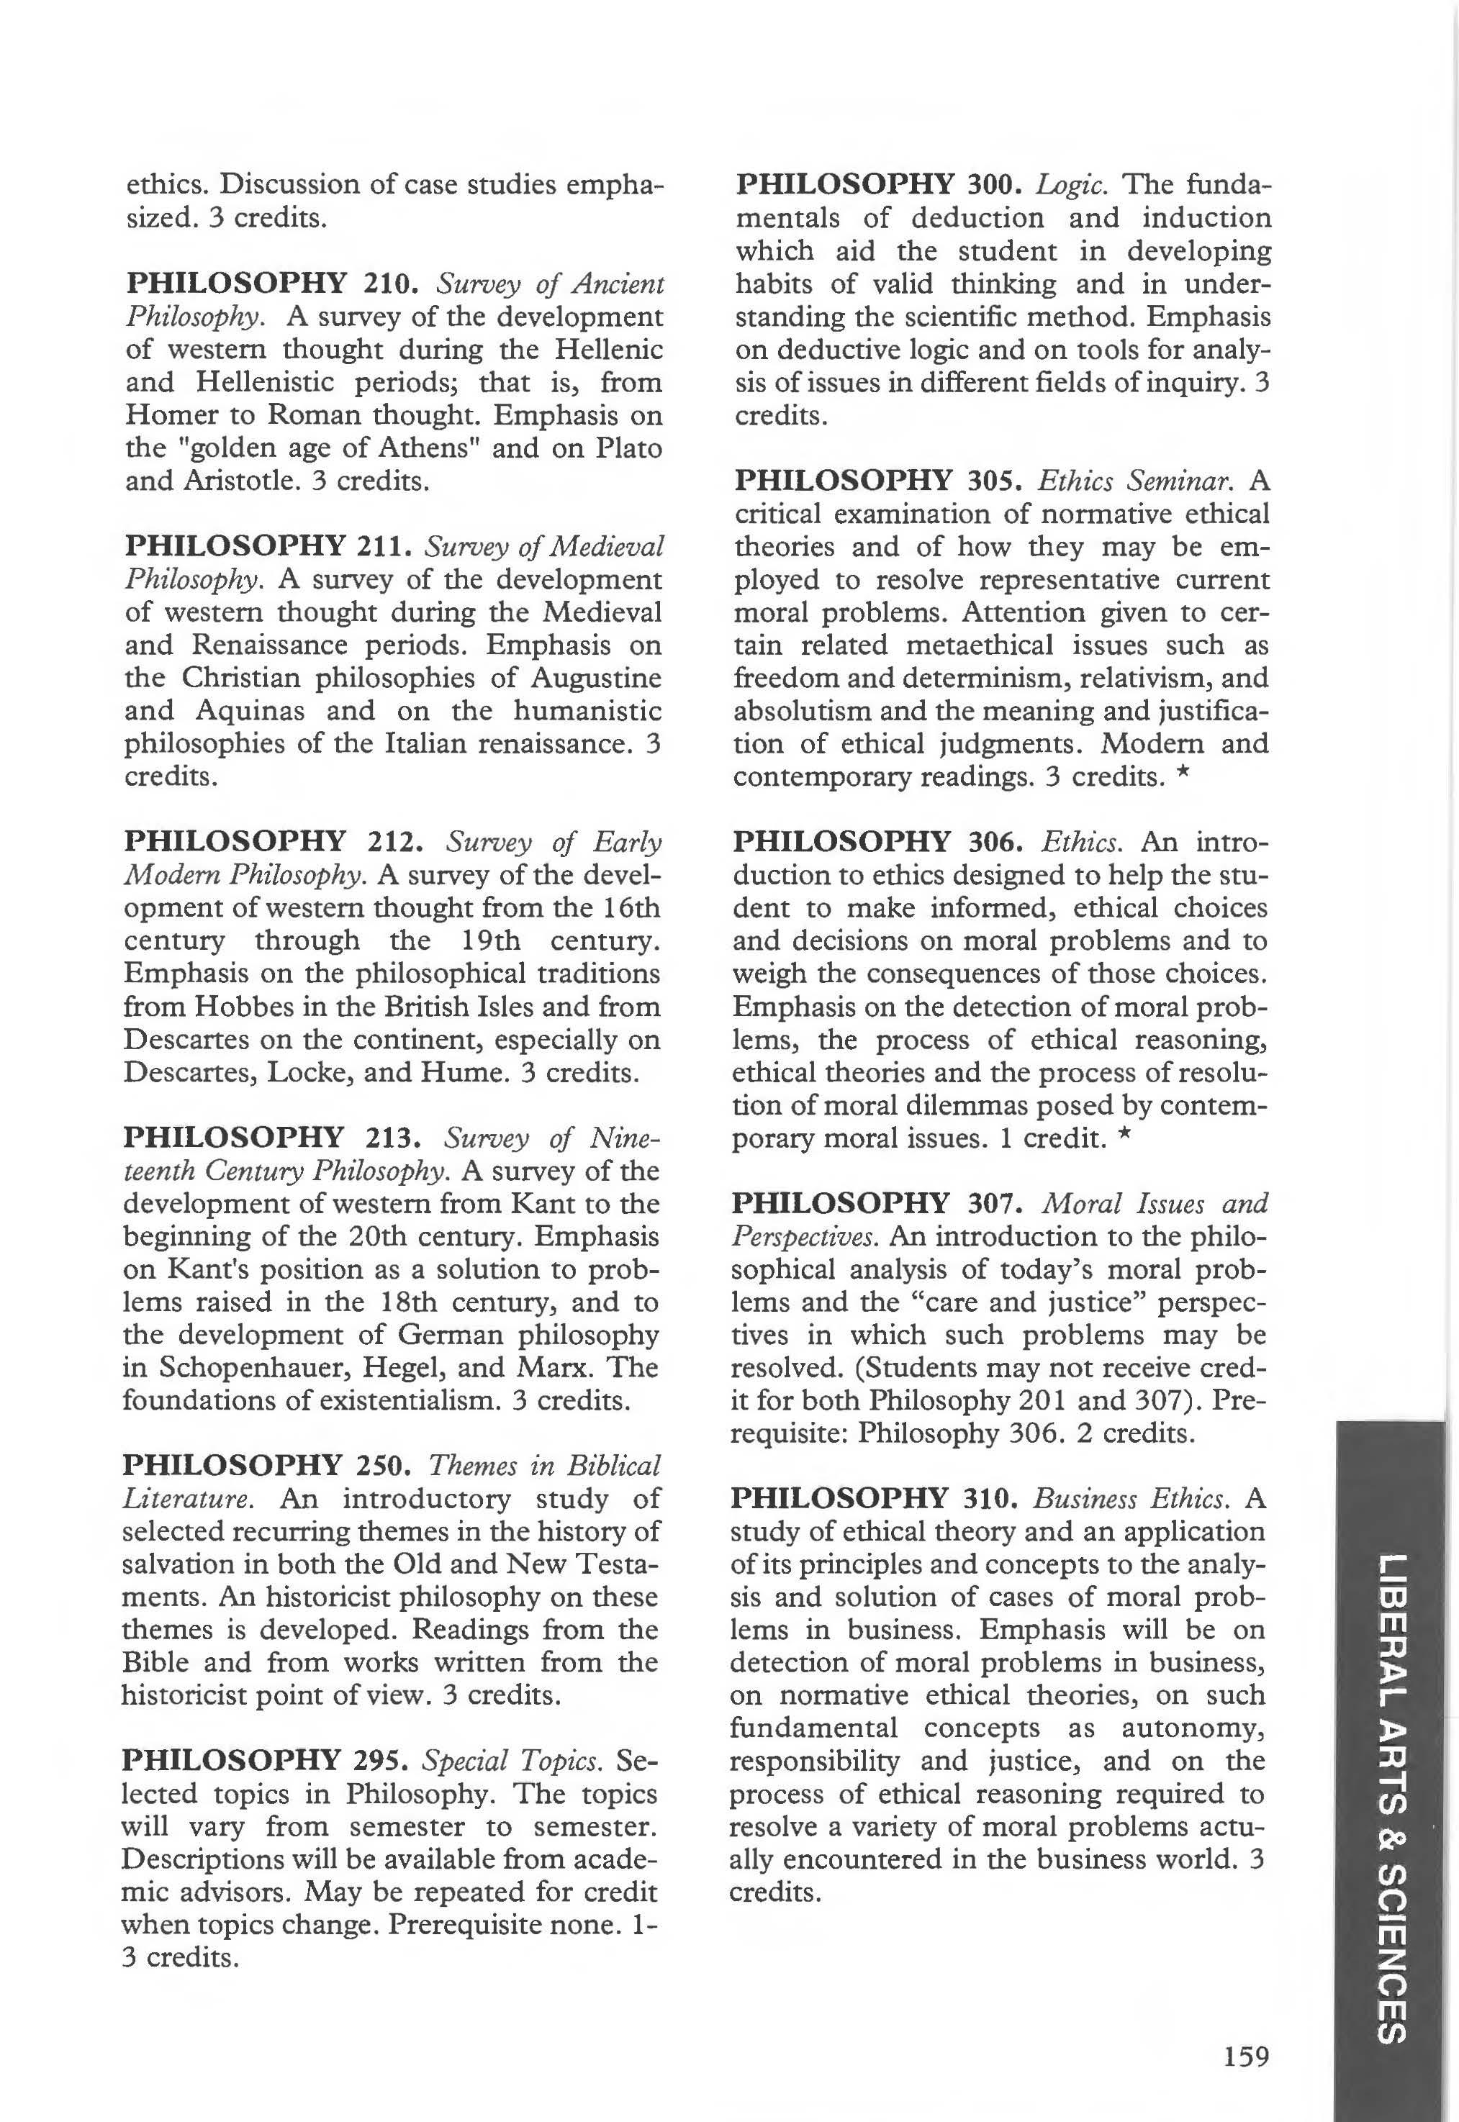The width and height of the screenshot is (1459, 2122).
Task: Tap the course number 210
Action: (392, 284)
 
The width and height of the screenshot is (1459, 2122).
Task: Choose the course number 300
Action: (994, 186)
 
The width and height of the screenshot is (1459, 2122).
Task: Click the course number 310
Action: (989, 1499)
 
